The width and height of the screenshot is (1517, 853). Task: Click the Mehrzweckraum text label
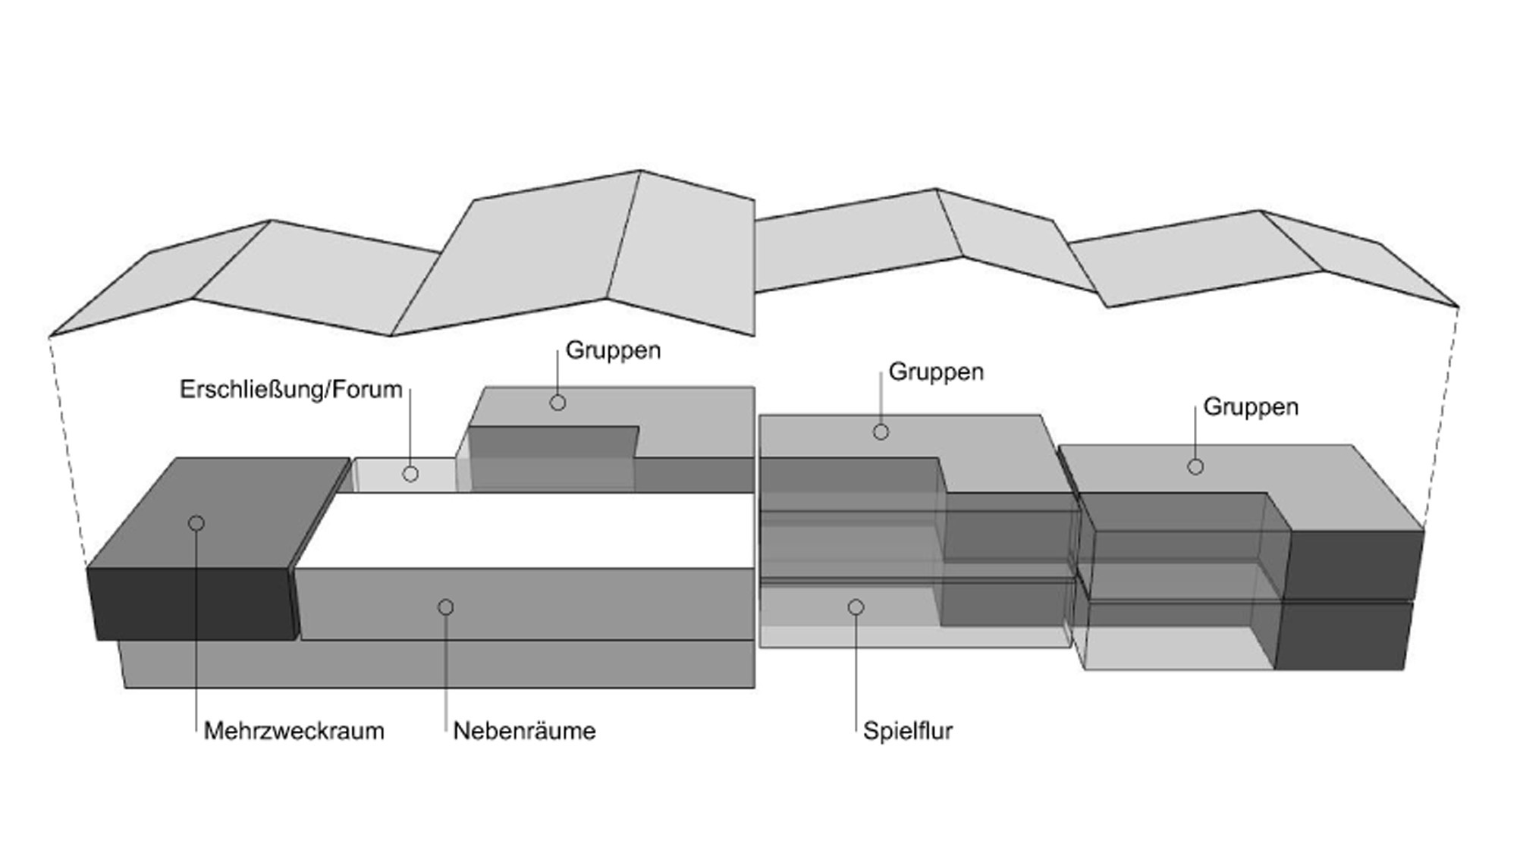coord(294,731)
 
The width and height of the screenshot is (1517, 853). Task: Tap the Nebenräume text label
coord(524,731)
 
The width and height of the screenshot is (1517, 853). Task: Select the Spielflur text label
coord(907,731)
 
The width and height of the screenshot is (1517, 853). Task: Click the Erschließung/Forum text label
coord(291,389)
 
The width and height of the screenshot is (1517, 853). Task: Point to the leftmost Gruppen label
coord(613,350)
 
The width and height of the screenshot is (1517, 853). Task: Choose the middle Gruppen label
coord(936,372)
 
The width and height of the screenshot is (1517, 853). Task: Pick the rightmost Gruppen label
coord(1251,407)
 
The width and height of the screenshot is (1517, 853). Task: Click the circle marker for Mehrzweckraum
coord(196,523)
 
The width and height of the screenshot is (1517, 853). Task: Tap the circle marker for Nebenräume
coord(446,607)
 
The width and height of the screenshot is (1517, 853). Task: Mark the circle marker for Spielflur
coord(856,607)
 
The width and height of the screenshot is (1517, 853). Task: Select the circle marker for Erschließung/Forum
coord(410,474)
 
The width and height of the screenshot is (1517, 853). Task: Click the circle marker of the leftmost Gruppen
coord(557,403)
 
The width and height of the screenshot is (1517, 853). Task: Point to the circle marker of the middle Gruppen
coord(881,432)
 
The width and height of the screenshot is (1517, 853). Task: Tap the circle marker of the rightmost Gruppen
coord(1195,467)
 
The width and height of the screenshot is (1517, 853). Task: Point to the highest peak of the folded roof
coord(641,171)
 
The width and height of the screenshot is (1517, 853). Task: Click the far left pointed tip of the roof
coord(50,335)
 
